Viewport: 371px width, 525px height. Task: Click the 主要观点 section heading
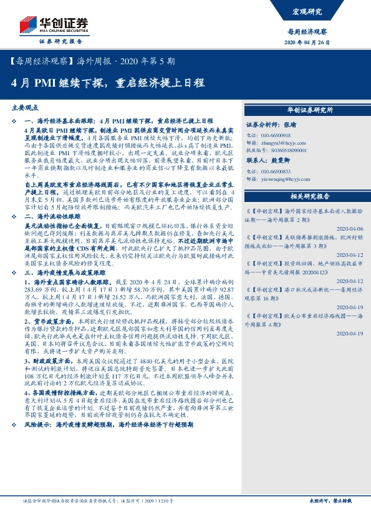tap(26, 107)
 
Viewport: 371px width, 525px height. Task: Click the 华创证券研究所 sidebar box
tap(310, 110)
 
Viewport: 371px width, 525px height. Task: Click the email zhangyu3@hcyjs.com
tap(279, 143)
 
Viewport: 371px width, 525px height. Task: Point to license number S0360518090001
tap(285, 151)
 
